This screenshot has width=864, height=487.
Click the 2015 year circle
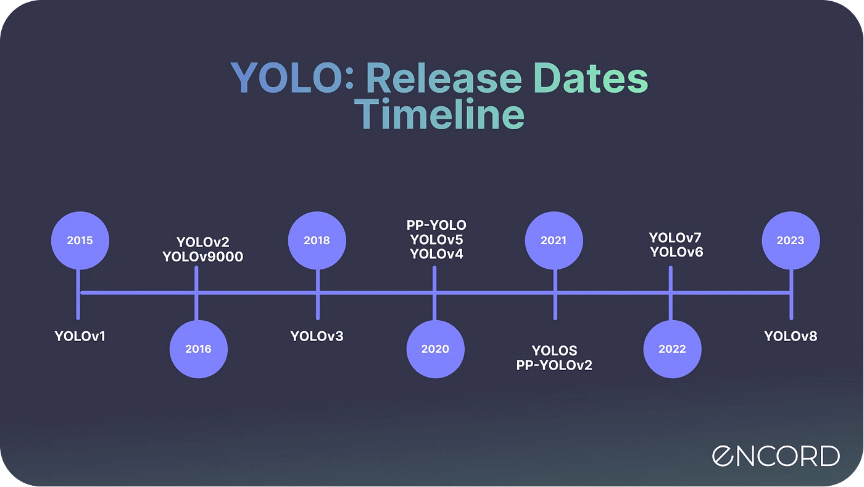tap(80, 240)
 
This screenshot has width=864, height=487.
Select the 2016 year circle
tap(199, 349)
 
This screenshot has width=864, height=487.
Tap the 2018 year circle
tap(317, 240)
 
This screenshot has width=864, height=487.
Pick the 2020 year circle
tap(436, 349)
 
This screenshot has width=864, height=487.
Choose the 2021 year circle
tap(554, 240)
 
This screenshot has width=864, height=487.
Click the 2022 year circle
tap(672, 349)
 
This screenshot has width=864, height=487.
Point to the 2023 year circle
tap(791, 240)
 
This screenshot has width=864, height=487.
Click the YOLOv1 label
tap(80, 336)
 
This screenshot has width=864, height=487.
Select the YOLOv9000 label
tap(203, 257)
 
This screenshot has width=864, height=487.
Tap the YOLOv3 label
tap(317, 336)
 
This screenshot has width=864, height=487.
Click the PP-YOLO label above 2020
tap(436, 225)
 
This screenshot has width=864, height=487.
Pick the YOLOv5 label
tap(436, 240)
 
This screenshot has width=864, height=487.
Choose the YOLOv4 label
tap(436, 254)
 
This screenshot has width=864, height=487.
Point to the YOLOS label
tap(554, 350)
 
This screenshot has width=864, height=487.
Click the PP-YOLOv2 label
tap(554, 365)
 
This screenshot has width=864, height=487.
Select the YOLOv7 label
tap(675, 237)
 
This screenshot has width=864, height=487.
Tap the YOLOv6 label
tap(676, 252)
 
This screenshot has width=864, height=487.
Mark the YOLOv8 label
tap(791, 336)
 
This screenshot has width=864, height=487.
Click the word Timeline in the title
tap(439, 114)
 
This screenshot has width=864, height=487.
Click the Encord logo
tap(776, 456)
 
